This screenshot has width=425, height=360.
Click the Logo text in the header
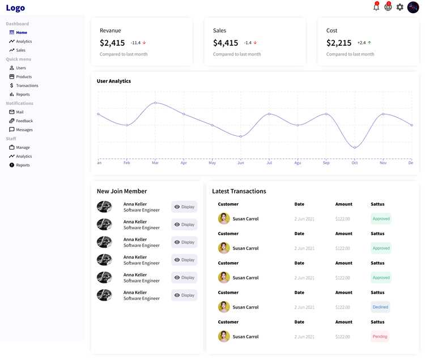pos(15,8)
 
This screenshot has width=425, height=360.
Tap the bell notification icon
pos(376,6)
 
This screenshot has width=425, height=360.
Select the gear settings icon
pos(400,7)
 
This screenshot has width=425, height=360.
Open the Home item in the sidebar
pos(18,32)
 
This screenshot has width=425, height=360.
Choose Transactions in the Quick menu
pos(24,85)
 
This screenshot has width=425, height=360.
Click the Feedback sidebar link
pos(21,121)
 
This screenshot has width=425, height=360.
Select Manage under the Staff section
pos(19,147)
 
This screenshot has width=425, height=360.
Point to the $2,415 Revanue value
pos(112,43)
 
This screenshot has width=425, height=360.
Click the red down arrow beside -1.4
pos(255,43)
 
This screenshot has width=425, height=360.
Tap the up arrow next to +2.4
pos(369,43)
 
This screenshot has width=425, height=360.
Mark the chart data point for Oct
pos(355,148)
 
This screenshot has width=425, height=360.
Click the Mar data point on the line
pos(155,102)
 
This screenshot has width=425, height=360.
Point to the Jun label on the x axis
pos(241,162)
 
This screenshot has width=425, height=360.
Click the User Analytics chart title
pos(114,81)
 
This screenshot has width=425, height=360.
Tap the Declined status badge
pos(380,307)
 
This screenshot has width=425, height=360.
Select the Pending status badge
pos(380,336)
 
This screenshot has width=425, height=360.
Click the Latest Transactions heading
pos(239,191)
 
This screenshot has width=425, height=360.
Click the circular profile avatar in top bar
pos(413,7)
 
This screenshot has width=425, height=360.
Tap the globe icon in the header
pos(388,6)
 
